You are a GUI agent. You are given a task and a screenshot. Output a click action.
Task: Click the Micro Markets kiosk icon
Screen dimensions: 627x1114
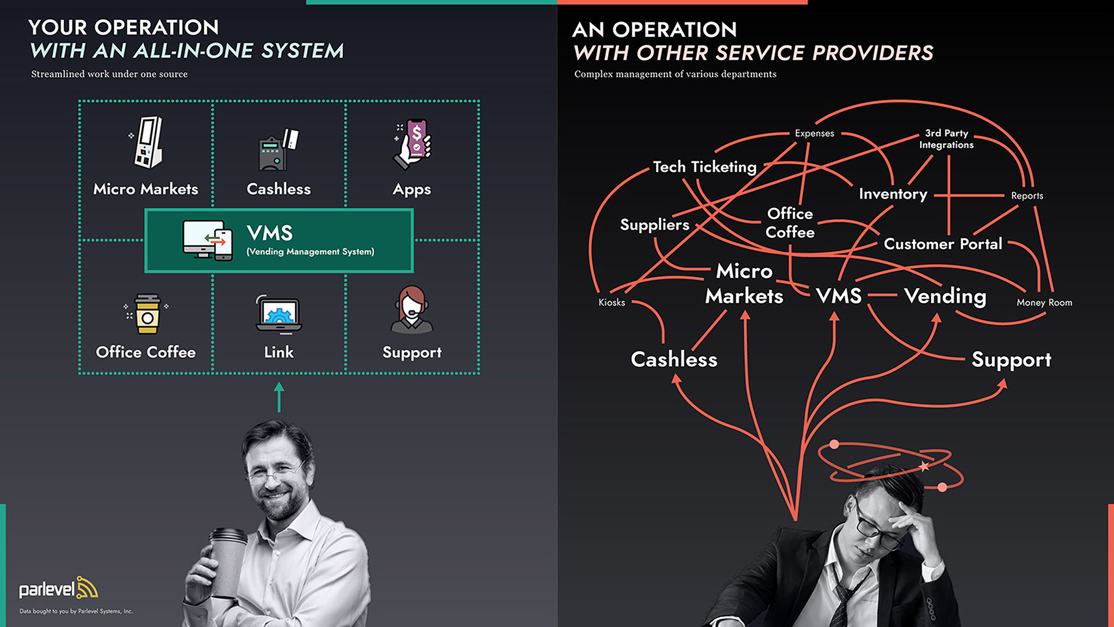(x=147, y=143)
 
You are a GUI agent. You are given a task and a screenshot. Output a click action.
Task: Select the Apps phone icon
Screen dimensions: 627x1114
(x=413, y=144)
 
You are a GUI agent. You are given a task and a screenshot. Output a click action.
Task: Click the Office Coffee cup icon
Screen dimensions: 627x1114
(x=147, y=314)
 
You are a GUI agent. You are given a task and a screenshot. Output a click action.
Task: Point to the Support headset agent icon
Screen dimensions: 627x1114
(x=412, y=310)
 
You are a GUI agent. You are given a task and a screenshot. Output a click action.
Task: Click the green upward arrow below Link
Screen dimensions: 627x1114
(x=279, y=397)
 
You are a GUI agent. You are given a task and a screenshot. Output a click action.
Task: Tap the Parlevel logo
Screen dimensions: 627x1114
(x=58, y=589)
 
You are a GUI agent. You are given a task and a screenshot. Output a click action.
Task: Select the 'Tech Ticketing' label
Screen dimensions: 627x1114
(x=704, y=167)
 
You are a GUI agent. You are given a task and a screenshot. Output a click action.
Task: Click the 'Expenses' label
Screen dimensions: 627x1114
(x=814, y=133)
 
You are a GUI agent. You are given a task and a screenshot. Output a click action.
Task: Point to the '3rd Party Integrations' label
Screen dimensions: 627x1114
(x=946, y=139)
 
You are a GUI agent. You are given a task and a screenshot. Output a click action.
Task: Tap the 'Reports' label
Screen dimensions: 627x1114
(x=1027, y=196)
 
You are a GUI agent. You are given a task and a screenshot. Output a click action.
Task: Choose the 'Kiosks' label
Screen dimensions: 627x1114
(x=612, y=302)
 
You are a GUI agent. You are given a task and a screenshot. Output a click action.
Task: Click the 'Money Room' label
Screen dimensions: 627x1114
(x=1044, y=302)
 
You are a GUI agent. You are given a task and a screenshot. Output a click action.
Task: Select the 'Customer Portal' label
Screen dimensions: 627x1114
(x=943, y=244)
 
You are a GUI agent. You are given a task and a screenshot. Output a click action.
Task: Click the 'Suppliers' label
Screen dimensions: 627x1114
(x=654, y=225)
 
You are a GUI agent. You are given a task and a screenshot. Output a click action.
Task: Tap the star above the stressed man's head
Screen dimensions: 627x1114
(x=924, y=466)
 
